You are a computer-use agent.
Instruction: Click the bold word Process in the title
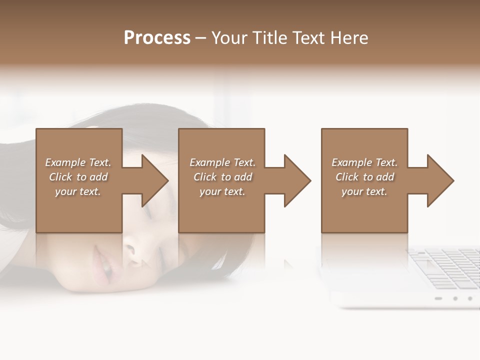coord(157,38)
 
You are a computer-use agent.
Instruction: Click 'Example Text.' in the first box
coord(78,162)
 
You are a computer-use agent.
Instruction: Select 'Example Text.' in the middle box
coord(222,162)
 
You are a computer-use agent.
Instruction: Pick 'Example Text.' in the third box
coord(364,162)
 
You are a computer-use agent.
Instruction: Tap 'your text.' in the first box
coord(78,191)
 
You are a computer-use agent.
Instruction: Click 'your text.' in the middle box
coord(222,191)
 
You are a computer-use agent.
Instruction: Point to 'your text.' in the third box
coord(364,191)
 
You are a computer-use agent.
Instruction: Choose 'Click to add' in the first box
coord(78,177)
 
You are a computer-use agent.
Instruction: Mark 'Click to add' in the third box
coord(364,177)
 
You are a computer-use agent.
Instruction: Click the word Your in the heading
coord(229,38)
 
